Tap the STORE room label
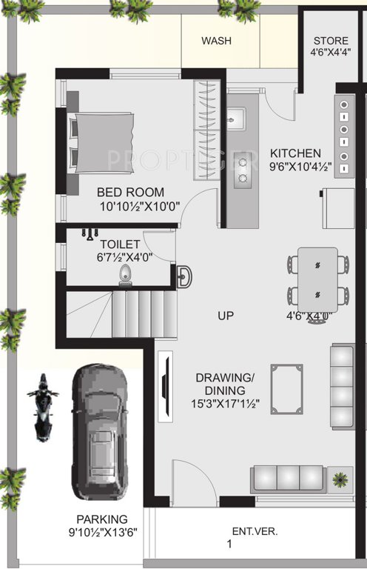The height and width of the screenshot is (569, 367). [330, 40]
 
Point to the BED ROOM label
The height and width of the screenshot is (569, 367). [130, 193]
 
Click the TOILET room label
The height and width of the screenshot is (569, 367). [119, 242]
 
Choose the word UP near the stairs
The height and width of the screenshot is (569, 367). [226, 316]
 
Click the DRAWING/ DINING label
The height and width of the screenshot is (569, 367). [225, 384]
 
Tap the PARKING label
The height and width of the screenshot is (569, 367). [102, 519]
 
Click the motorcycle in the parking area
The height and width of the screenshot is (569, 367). [43, 406]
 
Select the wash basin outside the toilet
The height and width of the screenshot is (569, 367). [183, 276]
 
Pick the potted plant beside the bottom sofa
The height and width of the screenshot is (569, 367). [340, 478]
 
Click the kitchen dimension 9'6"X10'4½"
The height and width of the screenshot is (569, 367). [300, 167]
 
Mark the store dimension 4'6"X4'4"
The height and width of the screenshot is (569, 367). [331, 53]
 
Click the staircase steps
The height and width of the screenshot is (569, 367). [144, 314]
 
